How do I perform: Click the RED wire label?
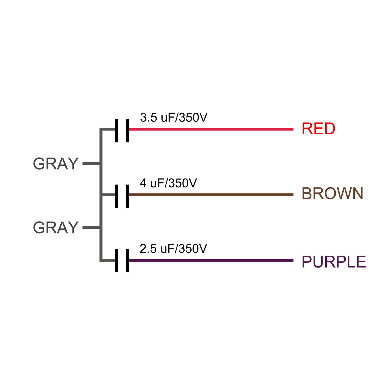point(318,128)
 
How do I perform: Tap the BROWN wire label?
point(332,193)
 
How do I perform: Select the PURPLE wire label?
point(334,261)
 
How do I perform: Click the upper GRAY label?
point(56,164)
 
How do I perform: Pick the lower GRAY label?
point(56,227)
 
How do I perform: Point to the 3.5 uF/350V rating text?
point(174,118)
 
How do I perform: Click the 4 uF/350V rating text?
point(168,183)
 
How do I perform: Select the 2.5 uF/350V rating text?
point(173,249)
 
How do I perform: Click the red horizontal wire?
point(211,129)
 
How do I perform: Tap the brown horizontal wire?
point(211,195)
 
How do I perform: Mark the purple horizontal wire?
point(211,261)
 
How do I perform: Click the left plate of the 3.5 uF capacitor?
point(116,130)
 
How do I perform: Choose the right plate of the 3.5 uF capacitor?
point(127,130)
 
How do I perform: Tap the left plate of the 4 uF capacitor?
point(116,196)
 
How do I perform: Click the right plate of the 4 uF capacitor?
point(127,196)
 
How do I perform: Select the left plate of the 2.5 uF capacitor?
point(116,261)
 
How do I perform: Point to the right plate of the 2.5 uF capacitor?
point(127,261)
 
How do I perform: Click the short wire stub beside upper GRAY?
point(91,164)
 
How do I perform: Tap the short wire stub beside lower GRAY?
point(91,228)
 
